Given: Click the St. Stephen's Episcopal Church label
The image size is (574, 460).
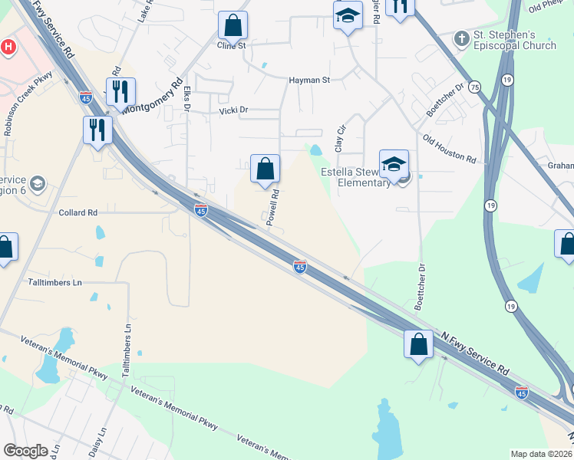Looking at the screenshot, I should point(514,41).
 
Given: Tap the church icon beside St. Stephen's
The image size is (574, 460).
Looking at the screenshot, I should point(461,37).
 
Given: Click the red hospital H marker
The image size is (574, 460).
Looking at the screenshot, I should point(8,47).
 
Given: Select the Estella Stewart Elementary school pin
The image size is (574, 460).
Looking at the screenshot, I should point(394,165).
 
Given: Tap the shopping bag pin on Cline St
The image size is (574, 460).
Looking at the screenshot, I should point(233,25).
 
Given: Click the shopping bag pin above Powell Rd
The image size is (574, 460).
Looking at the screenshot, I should point(265,169).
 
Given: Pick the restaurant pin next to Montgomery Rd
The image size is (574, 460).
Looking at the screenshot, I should point(120,93).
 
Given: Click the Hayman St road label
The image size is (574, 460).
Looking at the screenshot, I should point(309,79).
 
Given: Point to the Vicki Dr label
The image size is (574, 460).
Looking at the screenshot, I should point(234,110).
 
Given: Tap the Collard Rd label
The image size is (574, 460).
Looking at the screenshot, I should point(78,212).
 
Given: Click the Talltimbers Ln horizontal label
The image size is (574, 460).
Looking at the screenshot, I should point(55,282).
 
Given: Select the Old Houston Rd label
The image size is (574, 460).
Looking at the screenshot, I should point(449,149).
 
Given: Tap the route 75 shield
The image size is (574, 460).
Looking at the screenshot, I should point(475,87).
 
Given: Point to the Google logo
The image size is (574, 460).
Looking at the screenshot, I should point(25,451).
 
